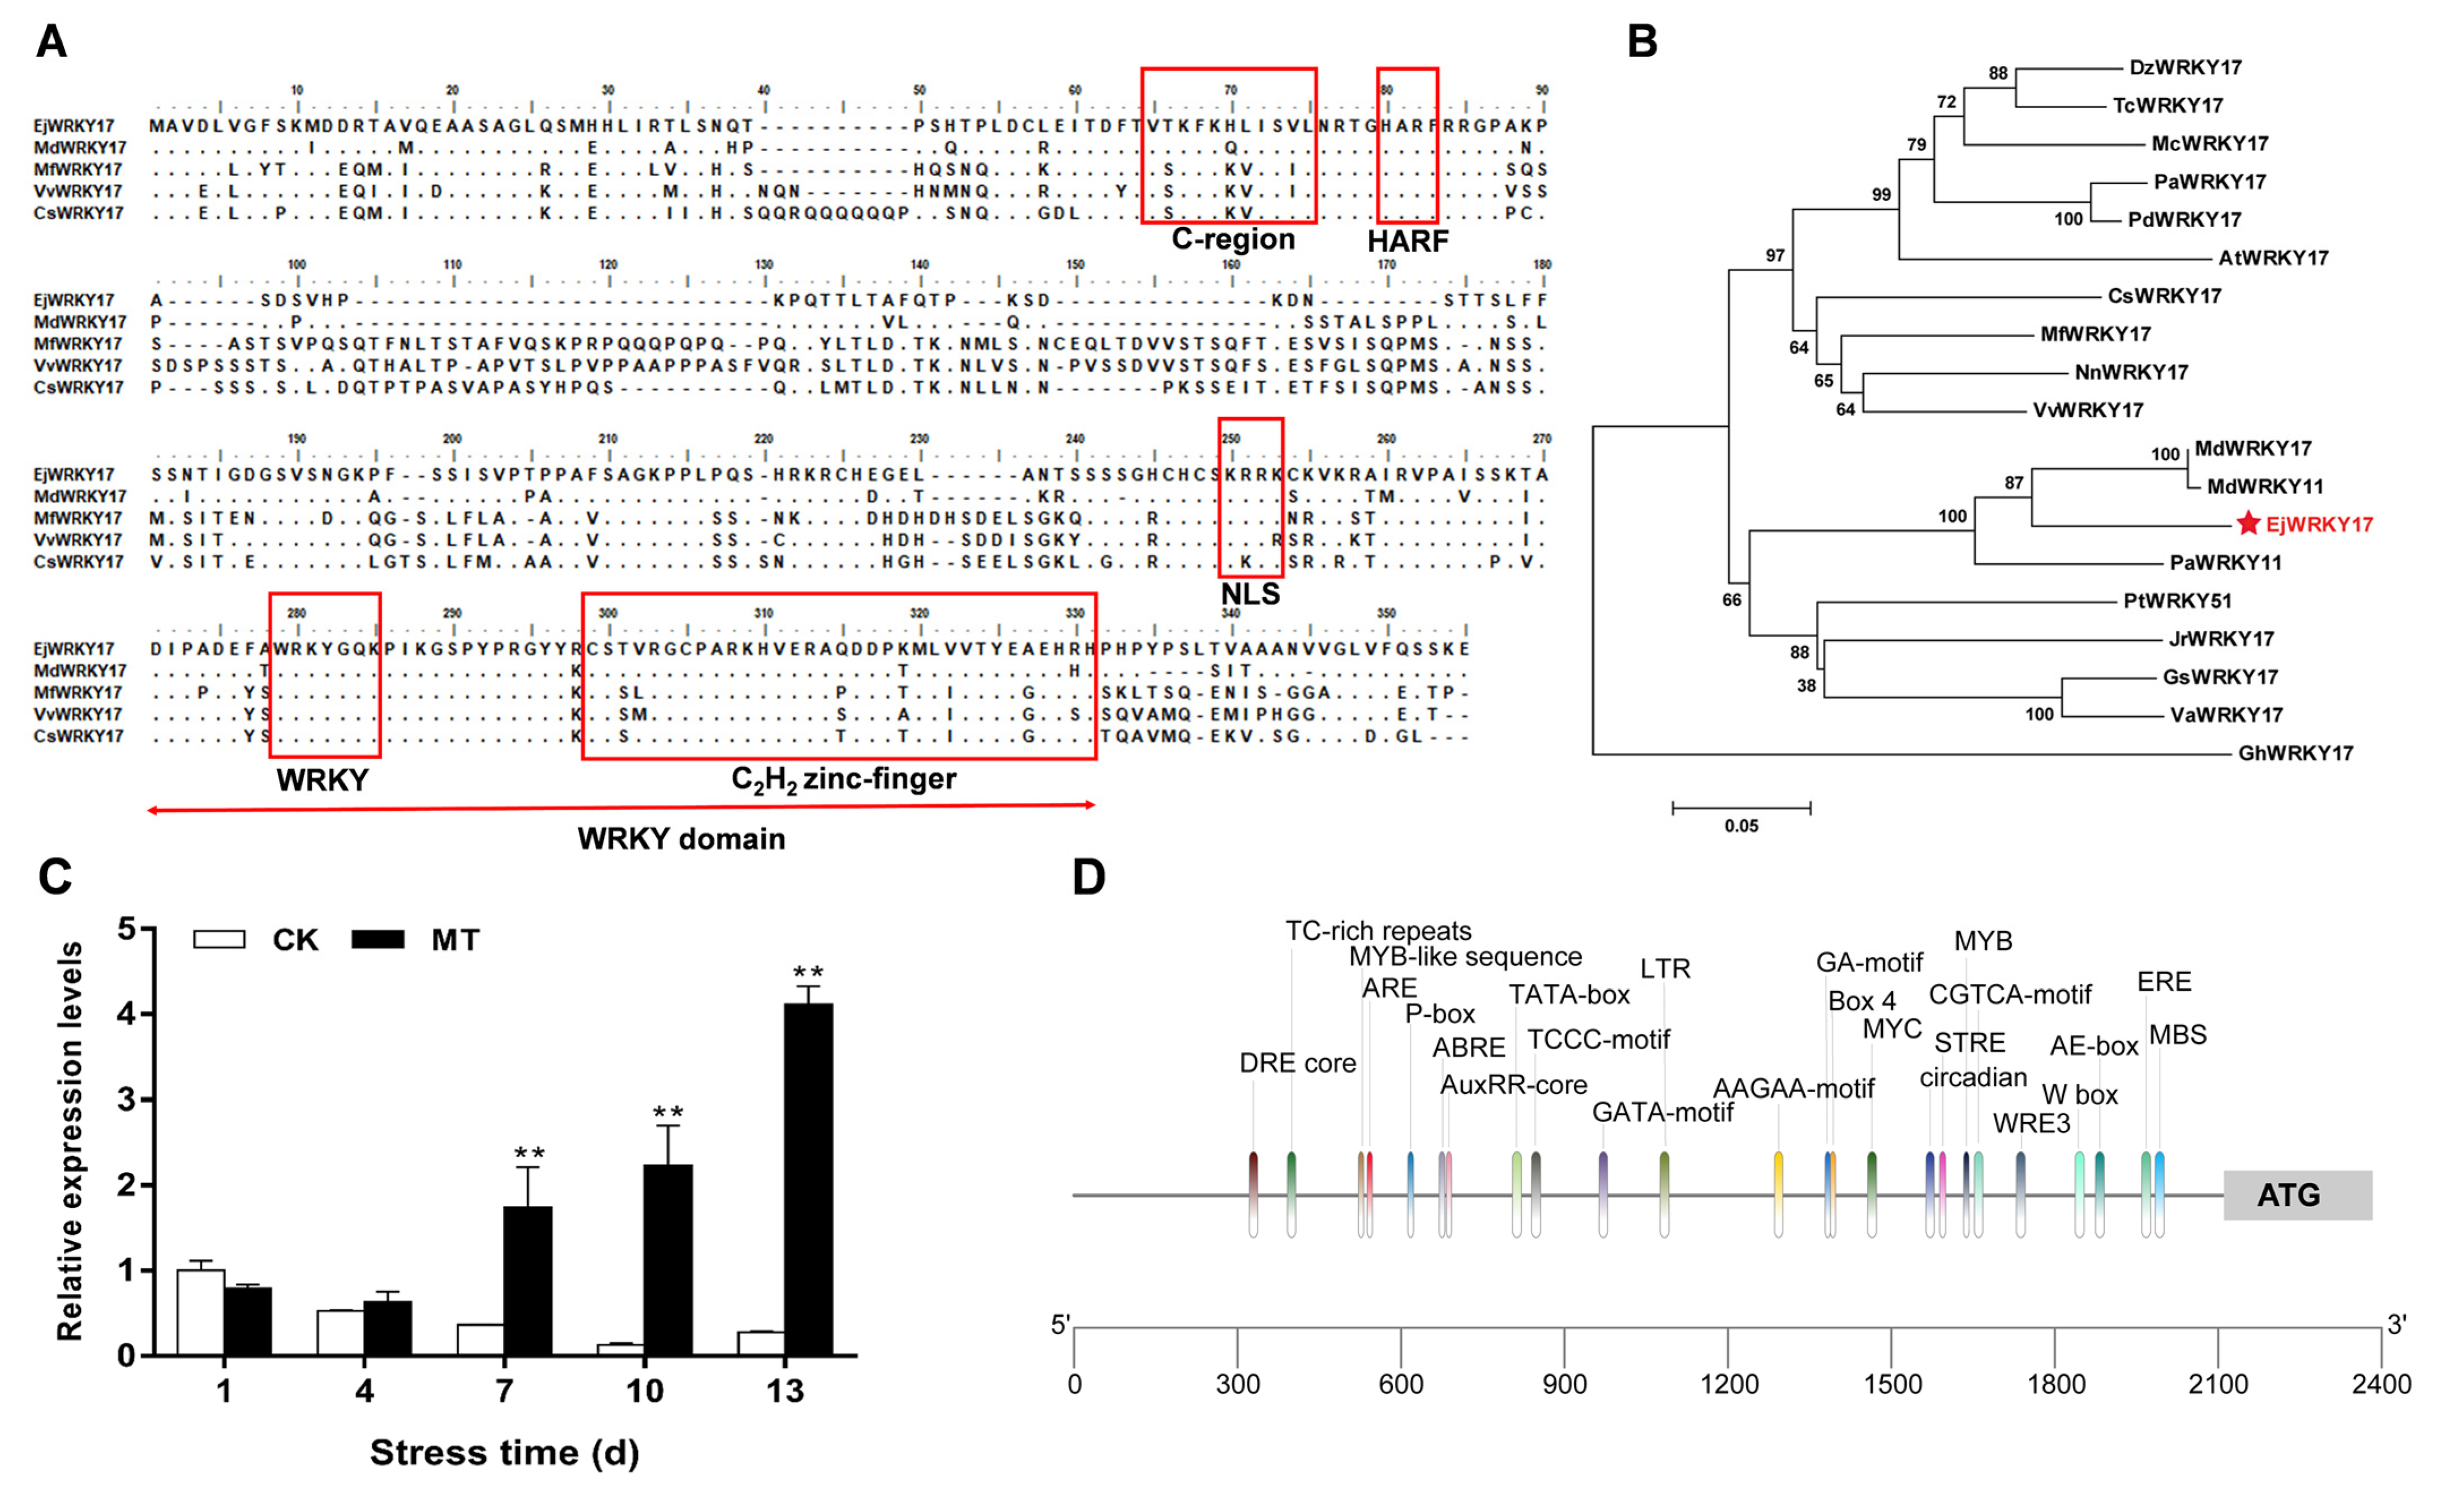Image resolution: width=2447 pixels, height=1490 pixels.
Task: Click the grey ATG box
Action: [x=2297, y=1195]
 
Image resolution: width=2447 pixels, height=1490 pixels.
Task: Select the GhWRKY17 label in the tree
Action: [x=2295, y=753]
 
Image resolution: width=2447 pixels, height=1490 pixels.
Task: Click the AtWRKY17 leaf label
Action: [x=2273, y=258]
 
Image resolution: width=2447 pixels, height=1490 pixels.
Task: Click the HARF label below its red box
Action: [x=1407, y=241]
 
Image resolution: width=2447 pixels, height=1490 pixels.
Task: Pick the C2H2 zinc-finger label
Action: [x=843, y=780]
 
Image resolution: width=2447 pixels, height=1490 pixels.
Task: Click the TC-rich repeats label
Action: [x=1379, y=931]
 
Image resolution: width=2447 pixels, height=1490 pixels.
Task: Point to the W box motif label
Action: [x=2080, y=1095]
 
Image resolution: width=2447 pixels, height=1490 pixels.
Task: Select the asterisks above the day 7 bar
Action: [x=529, y=1153]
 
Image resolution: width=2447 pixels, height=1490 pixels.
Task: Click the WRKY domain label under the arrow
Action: [x=681, y=840]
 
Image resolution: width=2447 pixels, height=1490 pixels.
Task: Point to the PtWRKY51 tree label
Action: [x=2177, y=601]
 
